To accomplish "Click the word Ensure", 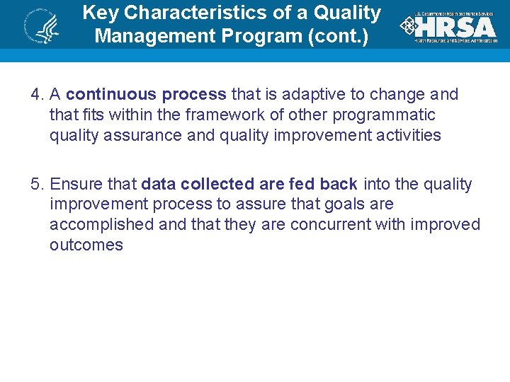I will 76,184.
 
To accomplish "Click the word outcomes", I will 86,245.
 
